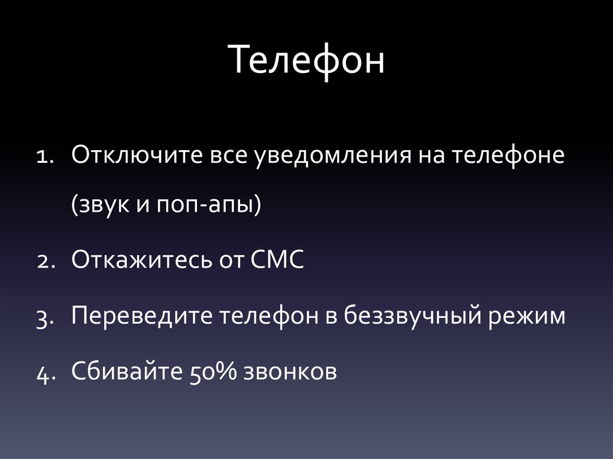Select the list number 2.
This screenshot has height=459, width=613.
pos(45,262)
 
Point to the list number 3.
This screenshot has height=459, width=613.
pos(45,317)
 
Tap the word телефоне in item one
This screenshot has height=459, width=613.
pos(508,157)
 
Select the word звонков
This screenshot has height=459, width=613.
pos(290,372)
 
